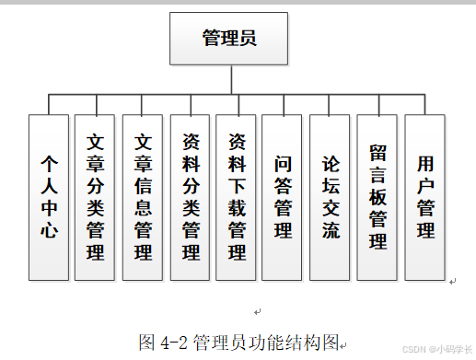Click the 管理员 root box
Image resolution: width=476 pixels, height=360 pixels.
pos(228,39)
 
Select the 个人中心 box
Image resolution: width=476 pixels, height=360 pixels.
pos(49,196)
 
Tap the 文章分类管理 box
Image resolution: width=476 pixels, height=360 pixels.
pos(95,196)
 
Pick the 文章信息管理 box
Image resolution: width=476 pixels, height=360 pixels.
pos(143,196)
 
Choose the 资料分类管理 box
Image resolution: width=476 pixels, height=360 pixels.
pos(191,196)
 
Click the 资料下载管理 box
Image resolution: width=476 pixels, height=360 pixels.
pos(237,196)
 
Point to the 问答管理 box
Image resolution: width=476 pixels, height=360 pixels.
pos(283,196)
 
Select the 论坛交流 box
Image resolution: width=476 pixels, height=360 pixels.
pos(331,196)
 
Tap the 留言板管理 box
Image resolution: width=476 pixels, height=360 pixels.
pos(377,196)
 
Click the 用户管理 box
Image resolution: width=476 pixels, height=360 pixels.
pos(425,196)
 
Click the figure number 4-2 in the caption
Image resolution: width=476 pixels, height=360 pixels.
pos(174,343)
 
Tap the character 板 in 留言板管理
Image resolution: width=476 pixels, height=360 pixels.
pos(377,196)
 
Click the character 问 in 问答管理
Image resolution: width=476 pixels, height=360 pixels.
pos(283,163)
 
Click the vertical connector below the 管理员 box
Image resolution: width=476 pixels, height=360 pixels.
pos(228,80)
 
